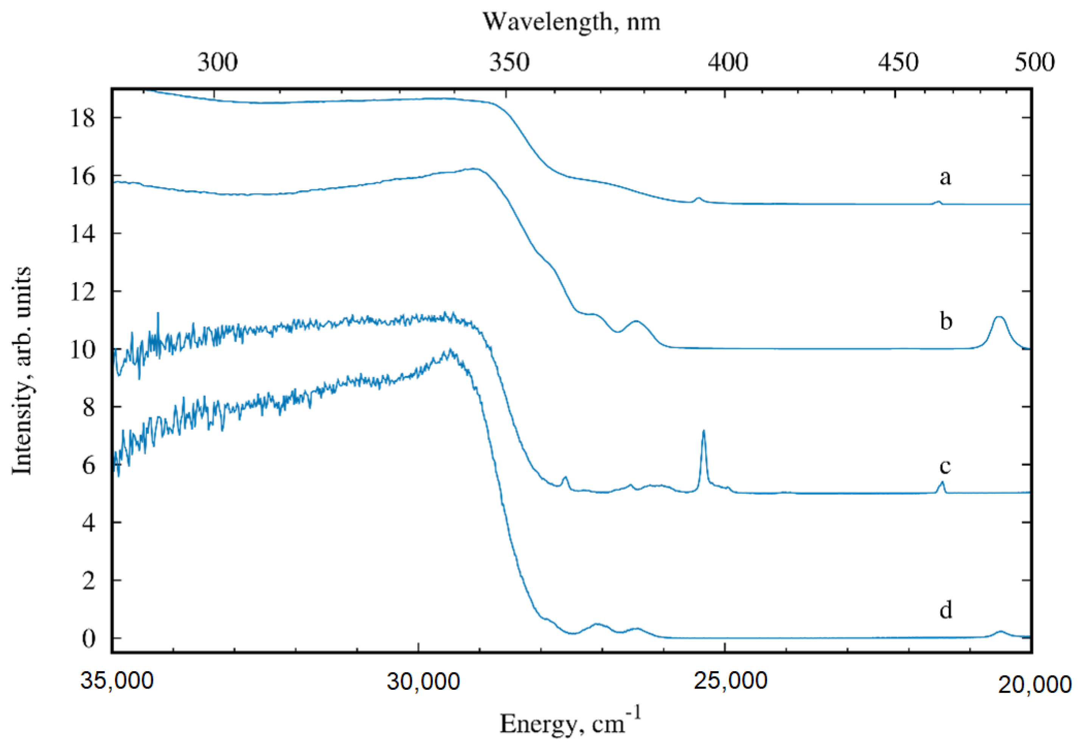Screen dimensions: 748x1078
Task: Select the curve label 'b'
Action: click(946, 321)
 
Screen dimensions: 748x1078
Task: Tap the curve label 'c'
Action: click(945, 466)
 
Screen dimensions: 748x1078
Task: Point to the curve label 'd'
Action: click(946, 610)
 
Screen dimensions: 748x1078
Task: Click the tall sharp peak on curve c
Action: click(703, 432)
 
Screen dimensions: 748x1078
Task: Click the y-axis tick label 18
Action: click(82, 118)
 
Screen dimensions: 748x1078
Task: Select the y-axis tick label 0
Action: click(88, 638)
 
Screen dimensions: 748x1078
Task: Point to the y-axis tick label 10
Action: click(82, 350)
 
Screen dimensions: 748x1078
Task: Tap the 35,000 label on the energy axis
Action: click(116, 681)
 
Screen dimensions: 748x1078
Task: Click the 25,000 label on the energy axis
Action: click(731, 681)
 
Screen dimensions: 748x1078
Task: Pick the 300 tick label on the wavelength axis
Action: click(217, 62)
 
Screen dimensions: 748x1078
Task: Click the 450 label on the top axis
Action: click(898, 62)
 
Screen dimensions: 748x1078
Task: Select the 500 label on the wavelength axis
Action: click(1035, 62)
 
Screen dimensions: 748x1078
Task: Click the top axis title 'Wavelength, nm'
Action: click(571, 22)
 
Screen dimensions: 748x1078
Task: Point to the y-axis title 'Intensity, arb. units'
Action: click(22, 370)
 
